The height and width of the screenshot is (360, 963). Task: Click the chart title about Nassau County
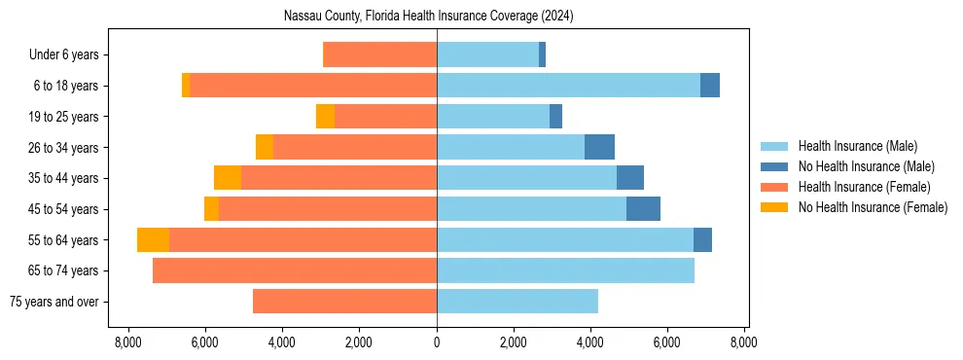437,17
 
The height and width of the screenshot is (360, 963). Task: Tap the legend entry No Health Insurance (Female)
873,207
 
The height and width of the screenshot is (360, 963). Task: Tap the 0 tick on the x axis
437,342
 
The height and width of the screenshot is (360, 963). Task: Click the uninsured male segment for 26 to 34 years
599,147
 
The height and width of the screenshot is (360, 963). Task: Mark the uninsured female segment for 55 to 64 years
153,239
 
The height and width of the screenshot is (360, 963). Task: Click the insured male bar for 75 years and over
517,302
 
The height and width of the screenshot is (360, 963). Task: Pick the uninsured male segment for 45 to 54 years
643,209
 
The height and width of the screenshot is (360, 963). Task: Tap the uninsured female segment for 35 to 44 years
228,178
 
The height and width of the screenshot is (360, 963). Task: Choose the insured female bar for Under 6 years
379,55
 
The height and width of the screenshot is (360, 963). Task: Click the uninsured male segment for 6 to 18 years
710,86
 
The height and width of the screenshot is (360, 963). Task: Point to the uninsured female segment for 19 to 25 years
325,117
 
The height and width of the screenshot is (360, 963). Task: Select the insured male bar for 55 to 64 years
565,239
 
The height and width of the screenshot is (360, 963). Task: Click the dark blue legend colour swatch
774,166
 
